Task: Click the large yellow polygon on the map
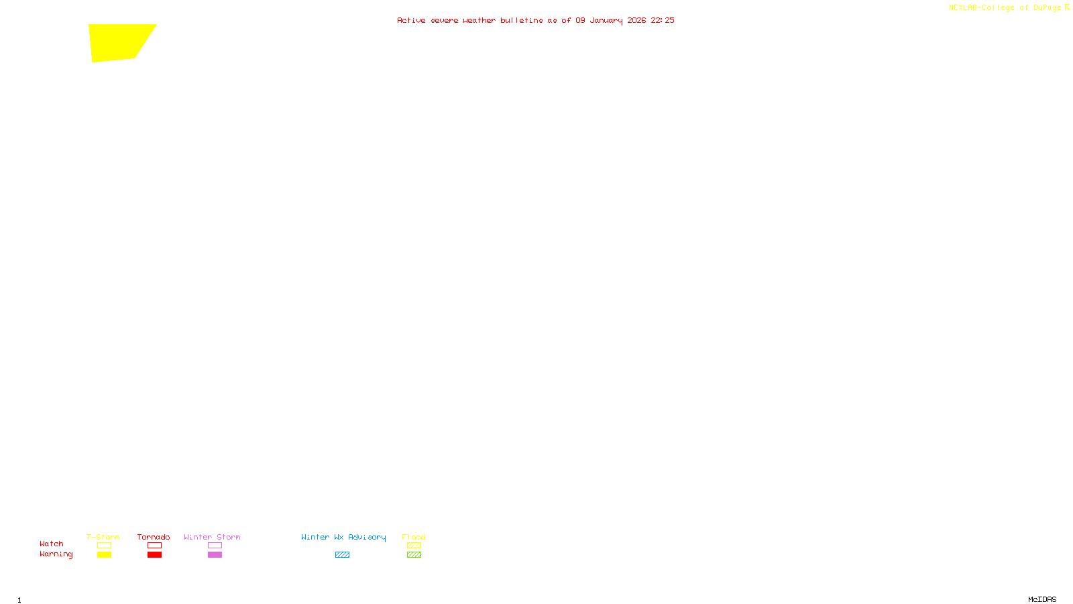coord(119,42)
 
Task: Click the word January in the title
coord(606,20)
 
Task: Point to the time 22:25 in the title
coord(663,20)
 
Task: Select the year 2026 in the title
coord(636,20)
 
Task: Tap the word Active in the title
coord(410,20)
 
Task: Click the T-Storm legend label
coord(103,537)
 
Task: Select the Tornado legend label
coord(154,537)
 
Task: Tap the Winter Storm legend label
coord(212,537)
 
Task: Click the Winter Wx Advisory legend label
coord(343,537)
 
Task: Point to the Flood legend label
coord(414,537)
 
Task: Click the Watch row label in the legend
coord(52,544)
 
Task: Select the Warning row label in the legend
coord(56,554)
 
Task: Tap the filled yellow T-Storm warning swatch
coord(104,555)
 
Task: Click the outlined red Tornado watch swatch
coord(154,546)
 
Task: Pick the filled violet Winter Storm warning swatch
coord(215,555)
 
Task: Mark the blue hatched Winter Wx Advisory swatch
coord(342,555)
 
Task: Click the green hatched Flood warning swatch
coord(414,555)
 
